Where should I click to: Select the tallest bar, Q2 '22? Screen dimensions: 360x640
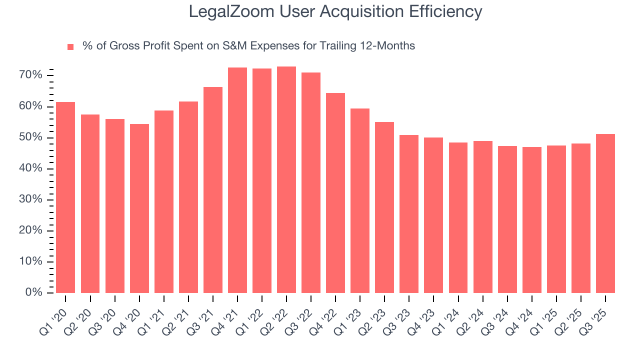pos(286,180)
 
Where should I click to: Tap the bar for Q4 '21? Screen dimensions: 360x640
pos(237,180)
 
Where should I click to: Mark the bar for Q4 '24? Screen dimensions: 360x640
pos(531,220)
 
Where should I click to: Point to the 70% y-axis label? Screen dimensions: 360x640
pos(30,75)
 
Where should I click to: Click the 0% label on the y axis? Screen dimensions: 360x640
pos(33,292)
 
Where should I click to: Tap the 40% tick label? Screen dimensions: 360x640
pos(30,168)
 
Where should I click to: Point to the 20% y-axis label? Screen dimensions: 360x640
pos(30,230)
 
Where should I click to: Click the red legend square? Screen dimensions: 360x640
pos(70,47)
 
